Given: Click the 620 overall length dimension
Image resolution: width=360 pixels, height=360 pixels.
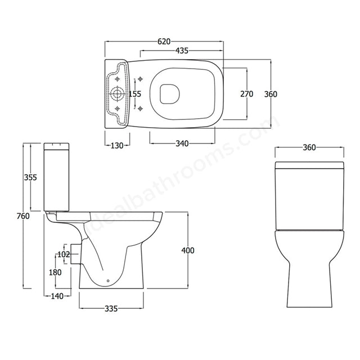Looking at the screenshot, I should click(164, 42).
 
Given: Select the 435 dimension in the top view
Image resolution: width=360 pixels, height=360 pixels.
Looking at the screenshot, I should click(181, 51).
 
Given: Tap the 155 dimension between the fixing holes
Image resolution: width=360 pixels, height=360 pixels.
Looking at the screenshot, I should click(135, 93).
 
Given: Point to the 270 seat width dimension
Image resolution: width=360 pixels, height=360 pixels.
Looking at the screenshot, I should click(246, 93).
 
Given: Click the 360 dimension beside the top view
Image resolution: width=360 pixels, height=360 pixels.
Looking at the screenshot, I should click(271, 93).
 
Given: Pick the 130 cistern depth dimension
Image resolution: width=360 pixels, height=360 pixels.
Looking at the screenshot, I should click(117, 145).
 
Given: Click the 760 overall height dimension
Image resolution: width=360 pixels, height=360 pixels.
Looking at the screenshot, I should click(22, 218).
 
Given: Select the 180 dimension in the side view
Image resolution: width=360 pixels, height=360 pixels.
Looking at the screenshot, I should click(55, 273).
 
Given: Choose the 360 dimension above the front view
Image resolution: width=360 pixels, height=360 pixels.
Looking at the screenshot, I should click(309, 147).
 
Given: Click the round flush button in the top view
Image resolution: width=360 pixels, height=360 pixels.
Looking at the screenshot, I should click(118, 93).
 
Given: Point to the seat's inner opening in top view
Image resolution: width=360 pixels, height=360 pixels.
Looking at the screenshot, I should click(168, 93).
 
